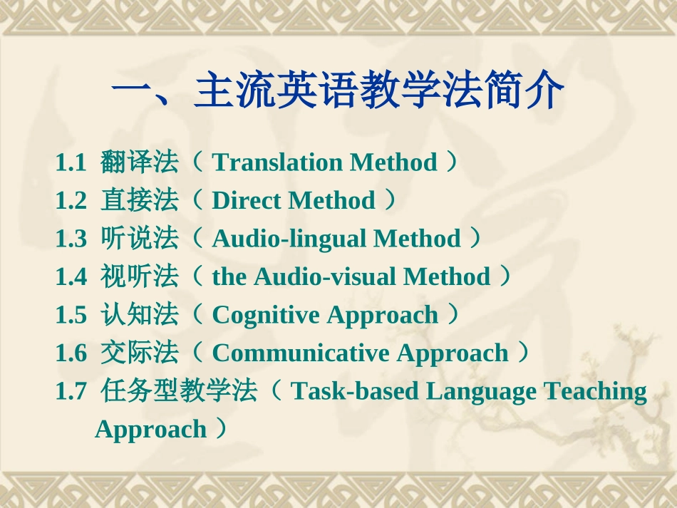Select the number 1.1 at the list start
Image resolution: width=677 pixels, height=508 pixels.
point(71,163)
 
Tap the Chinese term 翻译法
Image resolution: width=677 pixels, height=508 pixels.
point(139,162)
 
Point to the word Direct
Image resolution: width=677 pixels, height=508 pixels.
point(247,201)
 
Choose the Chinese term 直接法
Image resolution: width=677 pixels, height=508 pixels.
point(139,201)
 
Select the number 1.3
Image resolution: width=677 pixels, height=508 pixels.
point(71,239)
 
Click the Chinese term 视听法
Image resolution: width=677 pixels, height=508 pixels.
point(139,277)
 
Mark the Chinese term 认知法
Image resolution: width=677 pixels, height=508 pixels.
point(139,315)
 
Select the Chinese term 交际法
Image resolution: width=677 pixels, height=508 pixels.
point(139,353)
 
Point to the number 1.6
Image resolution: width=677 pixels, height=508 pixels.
point(71,353)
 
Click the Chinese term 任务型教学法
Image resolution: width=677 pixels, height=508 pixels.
point(178,391)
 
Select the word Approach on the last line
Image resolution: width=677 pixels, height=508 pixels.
point(150,430)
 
